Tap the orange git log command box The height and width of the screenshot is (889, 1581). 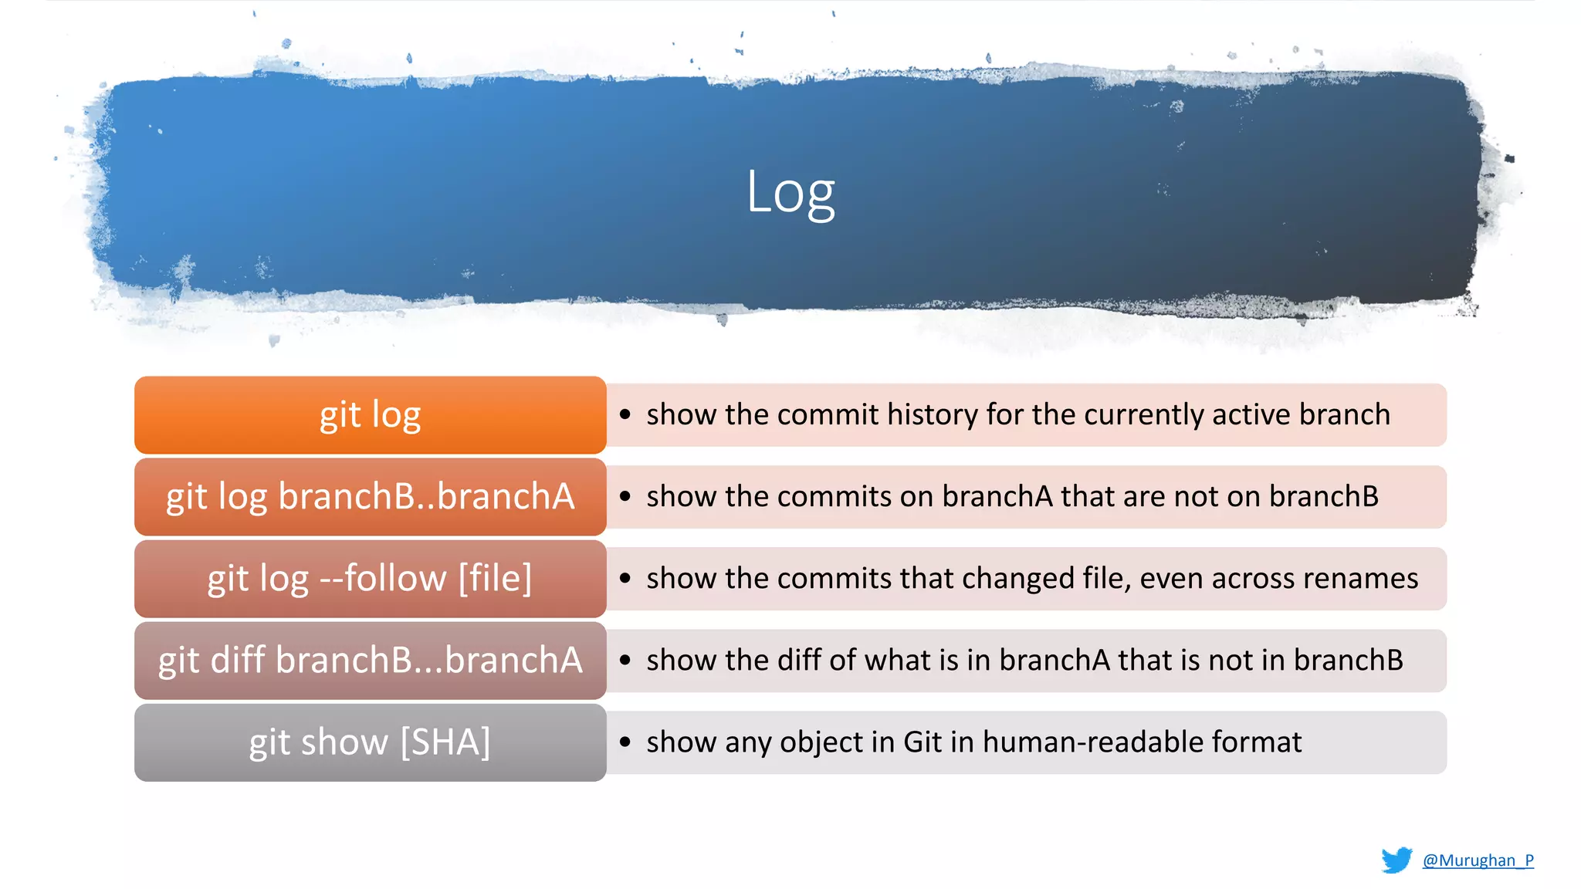[x=370, y=415]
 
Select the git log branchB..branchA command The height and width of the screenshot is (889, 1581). [x=370, y=497]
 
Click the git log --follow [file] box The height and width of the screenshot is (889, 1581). [x=370, y=579]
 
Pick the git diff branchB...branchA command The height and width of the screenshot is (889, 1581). [x=370, y=661]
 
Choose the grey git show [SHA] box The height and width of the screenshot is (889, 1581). [x=370, y=742]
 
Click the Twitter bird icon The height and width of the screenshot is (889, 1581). [x=1396, y=860]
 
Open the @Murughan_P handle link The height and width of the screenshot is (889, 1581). [x=1478, y=860]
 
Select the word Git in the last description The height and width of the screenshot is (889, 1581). [x=923, y=742]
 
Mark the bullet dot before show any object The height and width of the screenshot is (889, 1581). [x=625, y=742]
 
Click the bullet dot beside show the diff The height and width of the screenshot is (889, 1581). [x=625, y=661]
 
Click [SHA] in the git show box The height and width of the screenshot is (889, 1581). [x=445, y=742]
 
